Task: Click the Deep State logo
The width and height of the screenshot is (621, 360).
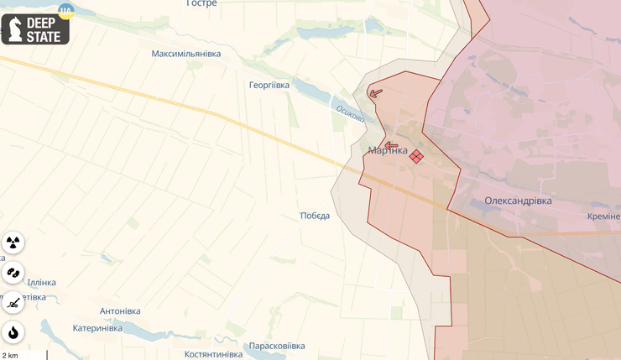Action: [35, 29]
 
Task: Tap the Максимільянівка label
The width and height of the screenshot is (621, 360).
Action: [186, 54]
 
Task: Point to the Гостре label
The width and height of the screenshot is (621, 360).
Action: [201, 4]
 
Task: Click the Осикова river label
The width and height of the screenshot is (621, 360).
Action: [350, 113]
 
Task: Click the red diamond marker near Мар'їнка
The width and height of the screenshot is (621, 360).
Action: [416, 155]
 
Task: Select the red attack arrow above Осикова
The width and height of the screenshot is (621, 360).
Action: [375, 92]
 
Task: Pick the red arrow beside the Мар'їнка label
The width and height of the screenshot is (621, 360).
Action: [391, 144]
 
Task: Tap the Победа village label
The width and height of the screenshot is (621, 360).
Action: [315, 216]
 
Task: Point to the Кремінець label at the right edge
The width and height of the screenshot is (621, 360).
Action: [605, 216]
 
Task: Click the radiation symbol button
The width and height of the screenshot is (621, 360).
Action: [13, 243]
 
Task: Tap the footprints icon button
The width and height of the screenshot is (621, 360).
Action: [13, 273]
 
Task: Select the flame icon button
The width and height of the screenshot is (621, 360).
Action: [13, 331]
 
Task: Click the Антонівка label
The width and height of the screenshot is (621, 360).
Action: [120, 311]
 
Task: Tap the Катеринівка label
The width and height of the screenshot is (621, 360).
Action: [97, 328]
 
